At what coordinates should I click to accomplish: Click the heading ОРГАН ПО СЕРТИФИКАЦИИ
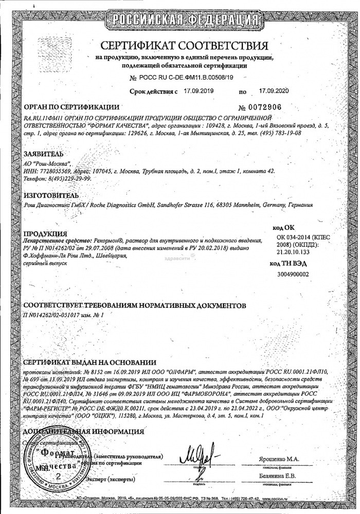pyautogui.click(x=68, y=107)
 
